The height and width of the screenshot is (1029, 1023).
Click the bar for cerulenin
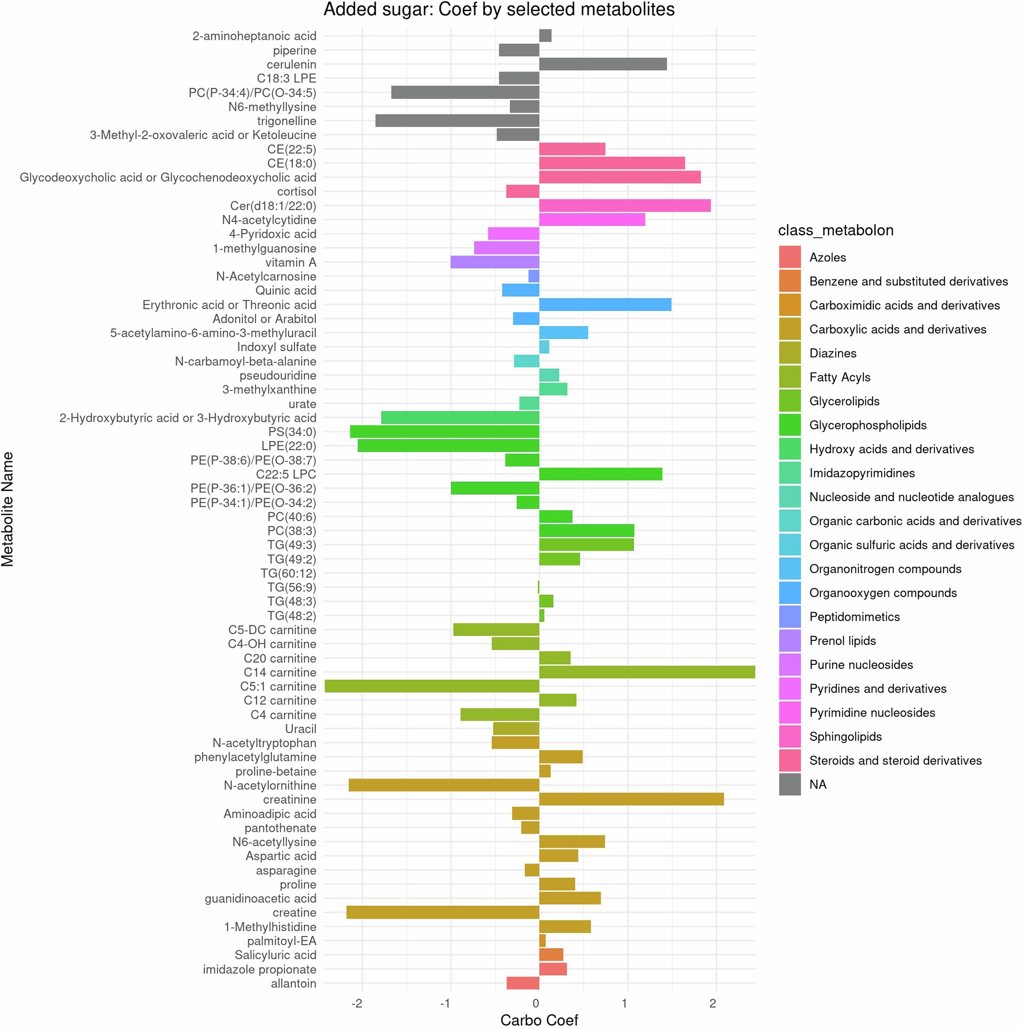click(602, 65)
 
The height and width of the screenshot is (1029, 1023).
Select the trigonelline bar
click(457, 121)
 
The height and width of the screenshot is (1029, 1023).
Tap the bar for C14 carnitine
click(647, 672)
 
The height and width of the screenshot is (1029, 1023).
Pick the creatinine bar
click(631, 799)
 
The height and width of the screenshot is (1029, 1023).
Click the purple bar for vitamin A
click(494, 262)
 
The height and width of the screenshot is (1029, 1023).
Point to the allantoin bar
click(522, 983)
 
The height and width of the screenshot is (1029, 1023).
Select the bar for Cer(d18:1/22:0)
click(625, 206)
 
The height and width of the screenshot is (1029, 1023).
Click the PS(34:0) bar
click(444, 431)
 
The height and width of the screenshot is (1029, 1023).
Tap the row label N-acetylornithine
click(270, 785)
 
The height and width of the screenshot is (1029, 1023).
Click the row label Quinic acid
click(286, 290)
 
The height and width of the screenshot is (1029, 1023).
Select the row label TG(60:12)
click(288, 573)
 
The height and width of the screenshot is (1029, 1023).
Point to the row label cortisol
click(296, 191)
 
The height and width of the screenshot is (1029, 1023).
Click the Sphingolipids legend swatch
click(790, 737)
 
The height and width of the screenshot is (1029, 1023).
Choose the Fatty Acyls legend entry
click(839, 377)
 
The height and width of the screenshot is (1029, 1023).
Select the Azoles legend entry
click(827, 257)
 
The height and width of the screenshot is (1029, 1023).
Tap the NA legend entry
click(817, 785)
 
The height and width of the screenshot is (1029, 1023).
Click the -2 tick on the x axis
click(357, 1003)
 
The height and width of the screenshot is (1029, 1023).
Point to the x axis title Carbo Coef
click(539, 1020)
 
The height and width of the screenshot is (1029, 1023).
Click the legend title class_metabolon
click(835, 230)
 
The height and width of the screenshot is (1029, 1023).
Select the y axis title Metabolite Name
click(8, 509)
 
